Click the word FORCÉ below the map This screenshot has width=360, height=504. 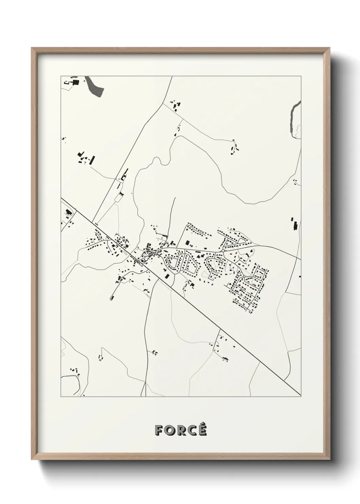181,430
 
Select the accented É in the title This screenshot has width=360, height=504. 202,429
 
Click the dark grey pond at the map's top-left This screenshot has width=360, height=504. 95,86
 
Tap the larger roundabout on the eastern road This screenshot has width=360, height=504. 223,251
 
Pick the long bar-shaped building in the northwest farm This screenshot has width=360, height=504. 92,160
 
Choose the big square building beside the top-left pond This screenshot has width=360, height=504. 76,82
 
